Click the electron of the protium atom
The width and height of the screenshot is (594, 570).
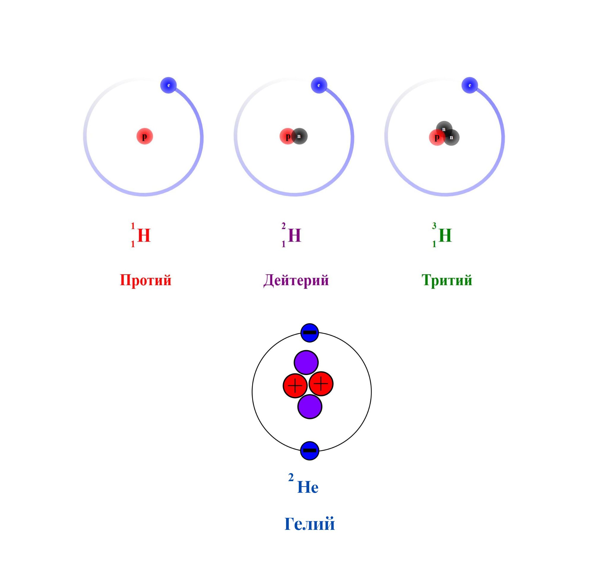(x=168, y=85)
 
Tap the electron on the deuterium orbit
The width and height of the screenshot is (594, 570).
(x=319, y=85)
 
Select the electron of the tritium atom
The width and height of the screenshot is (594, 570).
(x=470, y=85)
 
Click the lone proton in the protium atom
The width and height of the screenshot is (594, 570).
(x=145, y=136)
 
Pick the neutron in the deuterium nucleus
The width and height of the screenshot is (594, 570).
(x=299, y=136)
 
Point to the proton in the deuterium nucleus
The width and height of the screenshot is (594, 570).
(x=287, y=136)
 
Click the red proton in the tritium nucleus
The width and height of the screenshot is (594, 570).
(x=437, y=137)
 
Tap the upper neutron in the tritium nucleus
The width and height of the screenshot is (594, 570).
(x=444, y=129)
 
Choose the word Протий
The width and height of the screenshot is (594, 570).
(x=146, y=280)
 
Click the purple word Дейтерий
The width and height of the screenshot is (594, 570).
(x=296, y=280)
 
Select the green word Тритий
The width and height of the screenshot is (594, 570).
(x=447, y=280)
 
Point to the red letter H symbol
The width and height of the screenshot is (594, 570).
(x=144, y=235)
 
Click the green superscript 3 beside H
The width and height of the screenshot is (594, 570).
(x=434, y=226)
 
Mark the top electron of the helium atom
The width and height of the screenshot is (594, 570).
(x=309, y=333)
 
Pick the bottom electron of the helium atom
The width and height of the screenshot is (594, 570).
(x=309, y=451)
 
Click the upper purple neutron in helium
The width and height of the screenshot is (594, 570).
(x=306, y=362)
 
